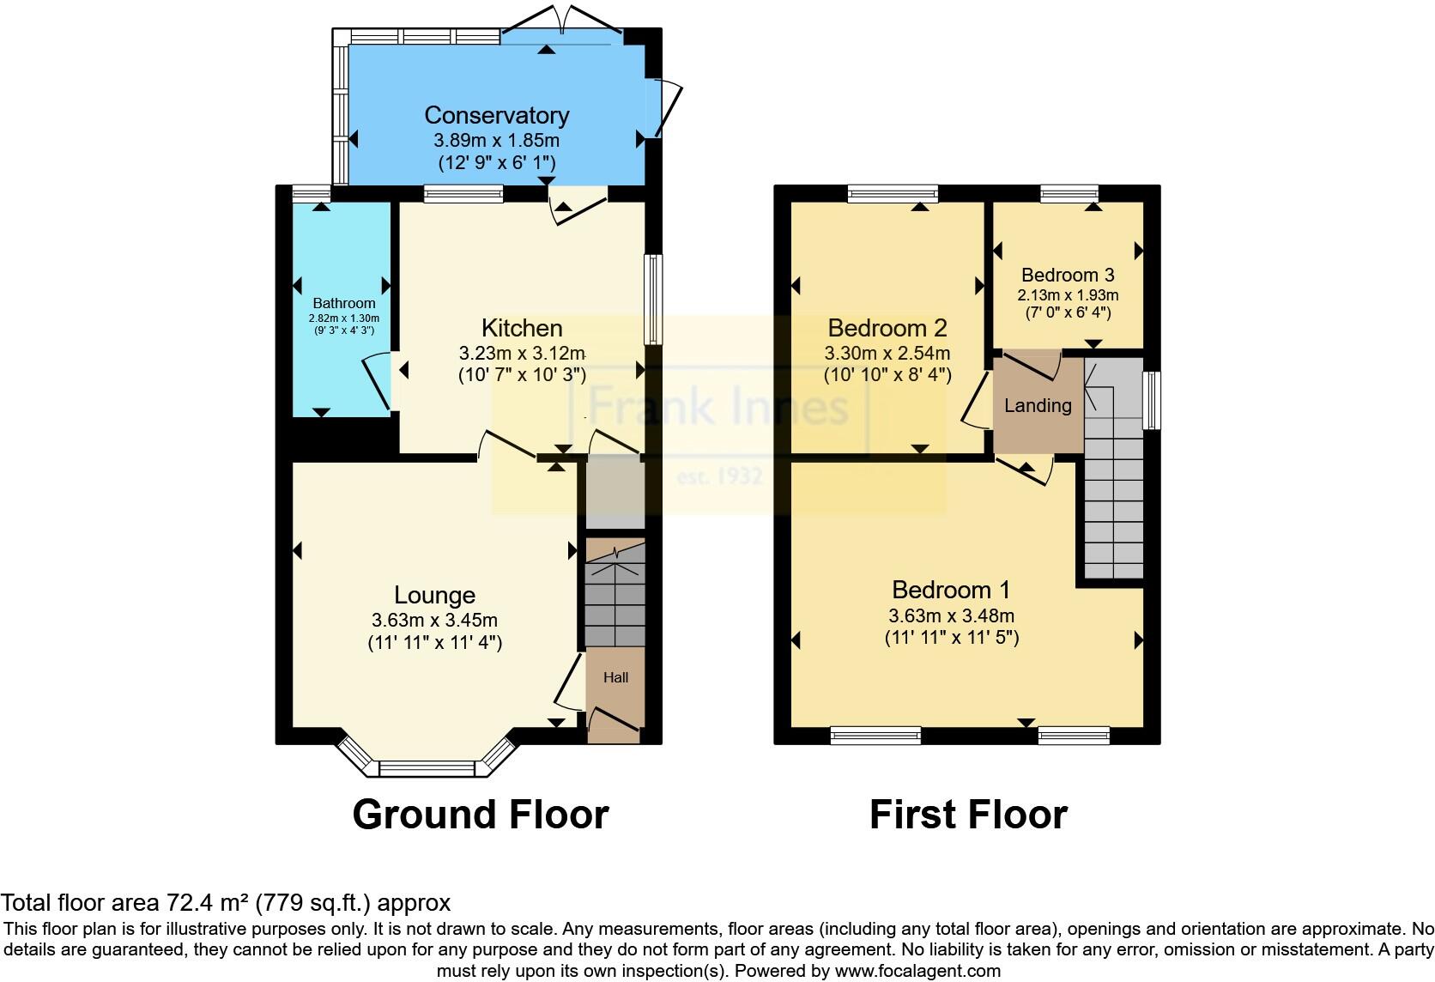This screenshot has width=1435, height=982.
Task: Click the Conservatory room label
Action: (496, 115)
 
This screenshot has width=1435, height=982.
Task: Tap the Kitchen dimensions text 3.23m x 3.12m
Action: (522, 353)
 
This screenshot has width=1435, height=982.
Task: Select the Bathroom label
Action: (343, 303)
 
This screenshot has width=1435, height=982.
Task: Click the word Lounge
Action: (434, 595)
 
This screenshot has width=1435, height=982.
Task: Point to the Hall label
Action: (615, 677)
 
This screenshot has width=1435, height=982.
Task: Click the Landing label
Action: (1038, 405)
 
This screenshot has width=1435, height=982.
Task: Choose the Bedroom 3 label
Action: (1068, 275)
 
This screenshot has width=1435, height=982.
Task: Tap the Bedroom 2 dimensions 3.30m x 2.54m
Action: (887, 353)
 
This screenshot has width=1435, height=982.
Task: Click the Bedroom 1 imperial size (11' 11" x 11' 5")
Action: (951, 638)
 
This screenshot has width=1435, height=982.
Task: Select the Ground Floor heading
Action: (481, 814)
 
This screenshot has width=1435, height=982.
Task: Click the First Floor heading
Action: (968, 814)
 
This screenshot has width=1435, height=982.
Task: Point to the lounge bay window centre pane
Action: (427, 768)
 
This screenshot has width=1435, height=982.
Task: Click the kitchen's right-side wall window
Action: (654, 300)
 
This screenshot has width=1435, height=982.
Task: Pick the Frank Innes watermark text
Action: (719, 405)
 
